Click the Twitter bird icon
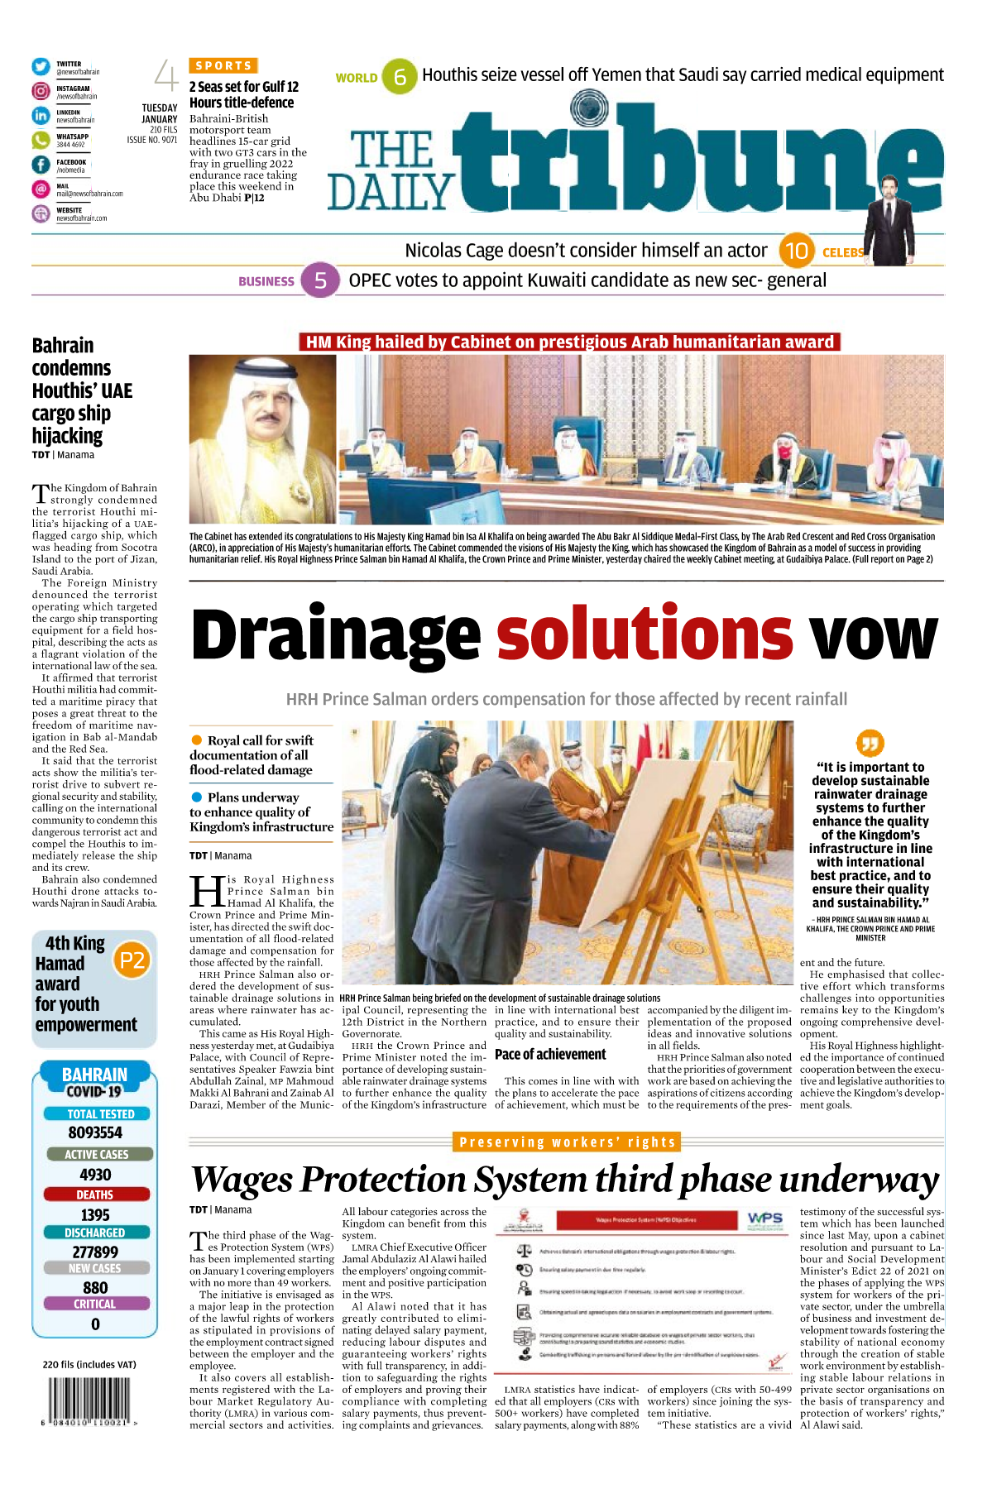[41, 67]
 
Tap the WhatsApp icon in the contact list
[41, 141]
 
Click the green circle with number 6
[400, 77]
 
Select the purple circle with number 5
[319, 280]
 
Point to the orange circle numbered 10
[796, 251]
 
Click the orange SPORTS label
[223, 65]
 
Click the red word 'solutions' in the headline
[645, 634]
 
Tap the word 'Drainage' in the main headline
[336, 636]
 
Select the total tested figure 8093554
[95, 1132]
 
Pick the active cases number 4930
[95, 1175]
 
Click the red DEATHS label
[95, 1195]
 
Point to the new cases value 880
[95, 1287]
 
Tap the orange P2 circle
[132, 960]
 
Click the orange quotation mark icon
[870, 743]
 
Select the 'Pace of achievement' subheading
[550, 1054]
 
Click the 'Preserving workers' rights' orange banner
[567, 1142]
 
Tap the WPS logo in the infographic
[764, 1218]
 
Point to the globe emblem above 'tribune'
[589, 108]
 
